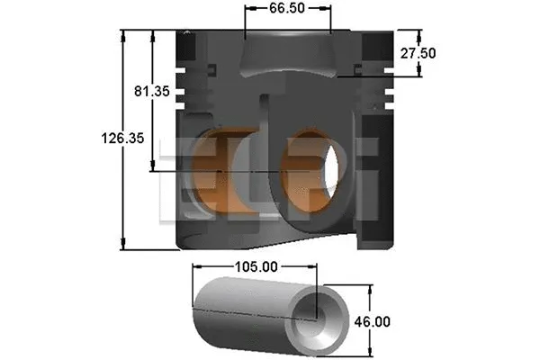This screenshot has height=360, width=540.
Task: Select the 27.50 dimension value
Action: pos(419,53)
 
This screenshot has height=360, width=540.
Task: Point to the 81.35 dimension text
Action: pos(151,91)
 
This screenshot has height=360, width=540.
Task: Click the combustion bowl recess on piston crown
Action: pos(288,56)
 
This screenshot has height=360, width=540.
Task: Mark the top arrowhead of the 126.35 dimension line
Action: pos(123,34)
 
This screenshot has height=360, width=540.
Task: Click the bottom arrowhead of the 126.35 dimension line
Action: pos(123,246)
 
